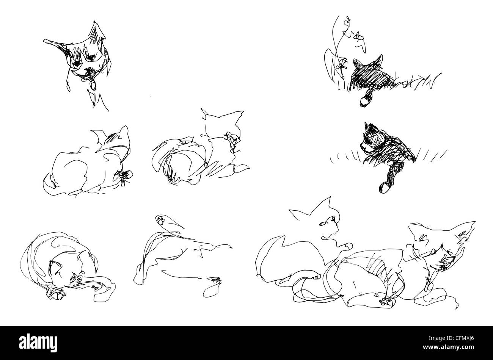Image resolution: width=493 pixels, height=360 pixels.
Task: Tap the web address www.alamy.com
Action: tap(448, 347)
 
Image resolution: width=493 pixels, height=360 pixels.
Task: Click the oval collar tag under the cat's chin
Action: tap(93, 85)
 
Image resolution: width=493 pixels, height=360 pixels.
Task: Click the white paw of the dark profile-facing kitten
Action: tap(384, 187)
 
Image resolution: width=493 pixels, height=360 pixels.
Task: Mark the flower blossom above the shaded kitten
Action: tap(359, 36)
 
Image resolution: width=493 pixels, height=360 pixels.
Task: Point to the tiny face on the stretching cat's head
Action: tap(161, 220)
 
